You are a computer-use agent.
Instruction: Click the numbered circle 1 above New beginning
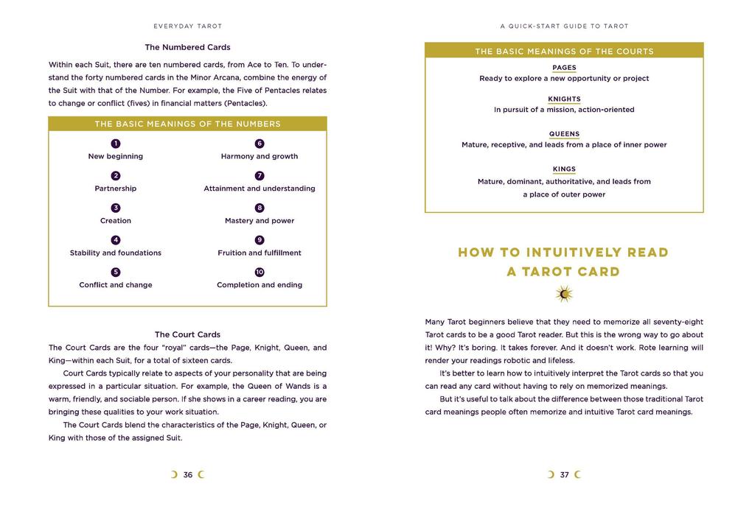coord(116,144)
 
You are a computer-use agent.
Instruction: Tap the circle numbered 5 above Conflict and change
coord(116,273)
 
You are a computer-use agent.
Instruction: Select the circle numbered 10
coord(260,273)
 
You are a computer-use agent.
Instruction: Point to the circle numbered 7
coord(260,176)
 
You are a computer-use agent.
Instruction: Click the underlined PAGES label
coord(564,68)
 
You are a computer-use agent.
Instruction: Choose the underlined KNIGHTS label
coord(564,99)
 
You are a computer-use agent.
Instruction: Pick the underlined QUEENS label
coord(564,134)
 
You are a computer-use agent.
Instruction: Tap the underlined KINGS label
coord(564,169)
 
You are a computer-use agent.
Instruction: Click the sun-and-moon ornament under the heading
coord(564,295)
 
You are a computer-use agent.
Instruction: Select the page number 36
coord(188,475)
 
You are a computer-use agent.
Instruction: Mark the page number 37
coord(564,475)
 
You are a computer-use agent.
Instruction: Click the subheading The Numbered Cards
coord(187,47)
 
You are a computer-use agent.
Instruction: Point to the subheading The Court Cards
coord(187,334)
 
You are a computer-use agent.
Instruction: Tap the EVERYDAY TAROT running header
coord(187,26)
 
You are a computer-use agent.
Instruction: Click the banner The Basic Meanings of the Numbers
coord(187,124)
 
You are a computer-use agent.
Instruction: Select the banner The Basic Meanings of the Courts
coord(564,52)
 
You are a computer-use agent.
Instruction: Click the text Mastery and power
coord(260,221)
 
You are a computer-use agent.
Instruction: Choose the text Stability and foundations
coord(116,253)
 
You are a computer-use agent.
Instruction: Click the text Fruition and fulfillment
coord(260,253)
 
